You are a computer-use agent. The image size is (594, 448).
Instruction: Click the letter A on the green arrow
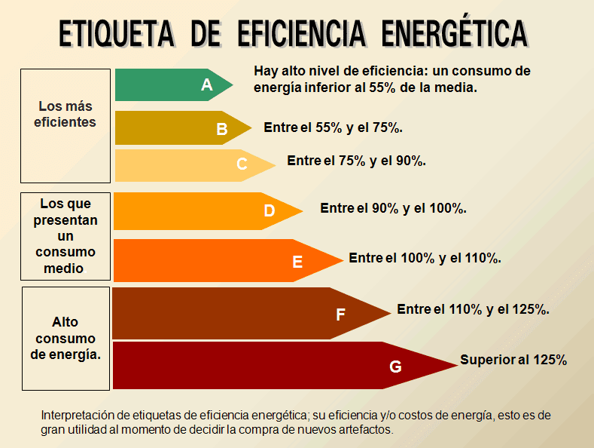[207, 85]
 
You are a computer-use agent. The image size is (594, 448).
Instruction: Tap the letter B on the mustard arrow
[222, 129]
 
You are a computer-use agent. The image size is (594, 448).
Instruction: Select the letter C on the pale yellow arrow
[242, 164]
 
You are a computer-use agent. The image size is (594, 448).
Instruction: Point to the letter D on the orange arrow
[270, 211]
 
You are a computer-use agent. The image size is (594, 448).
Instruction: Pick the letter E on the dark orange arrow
[297, 262]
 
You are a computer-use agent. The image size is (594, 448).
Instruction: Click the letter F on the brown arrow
[340, 315]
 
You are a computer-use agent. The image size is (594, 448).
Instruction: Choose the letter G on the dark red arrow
[395, 367]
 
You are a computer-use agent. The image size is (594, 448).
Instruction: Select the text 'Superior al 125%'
[513, 360]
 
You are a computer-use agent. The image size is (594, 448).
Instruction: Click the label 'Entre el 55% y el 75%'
[333, 127]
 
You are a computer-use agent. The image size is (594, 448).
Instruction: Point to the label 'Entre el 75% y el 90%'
[357, 161]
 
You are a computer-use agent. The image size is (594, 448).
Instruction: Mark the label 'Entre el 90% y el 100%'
[393, 208]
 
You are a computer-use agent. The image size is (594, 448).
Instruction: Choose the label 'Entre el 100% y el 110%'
[425, 258]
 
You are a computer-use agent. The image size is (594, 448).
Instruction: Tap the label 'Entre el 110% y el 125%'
[473, 309]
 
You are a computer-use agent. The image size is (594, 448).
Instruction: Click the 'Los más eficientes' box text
[65, 114]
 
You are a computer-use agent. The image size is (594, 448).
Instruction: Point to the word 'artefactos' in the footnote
[366, 429]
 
